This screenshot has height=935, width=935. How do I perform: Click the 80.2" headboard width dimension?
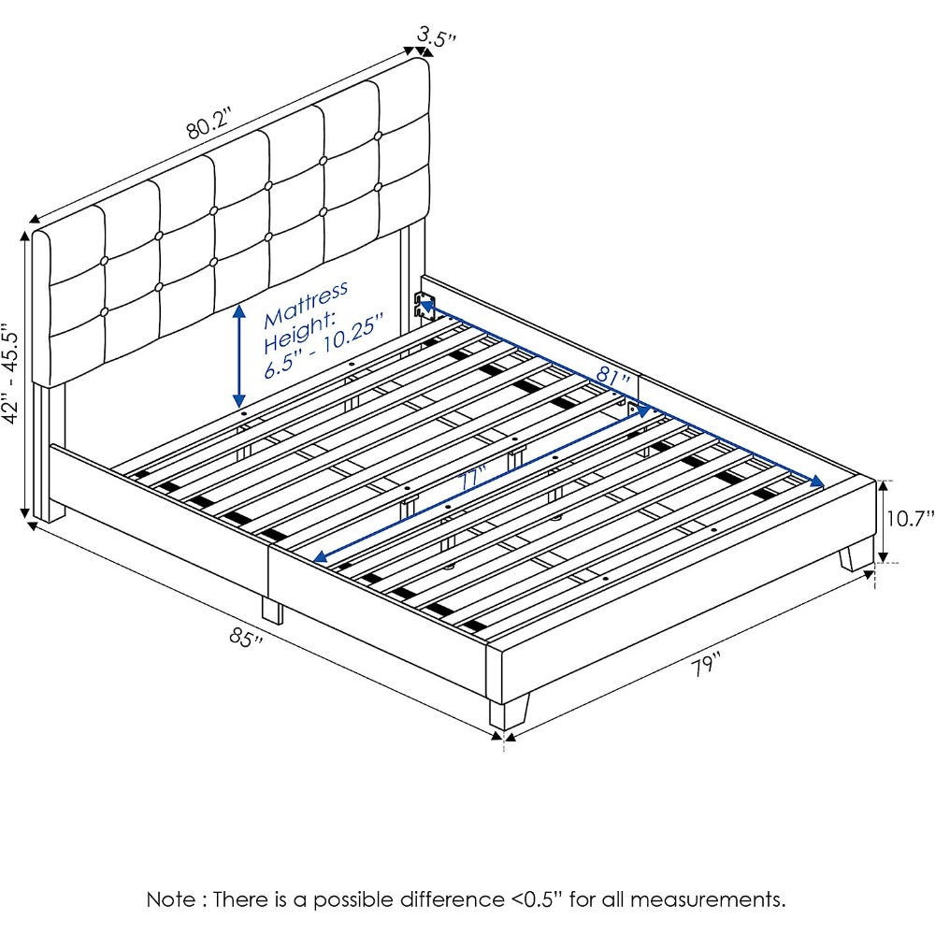[x=209, y=123]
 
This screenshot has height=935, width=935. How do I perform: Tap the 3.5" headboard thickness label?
[x=437, y=36]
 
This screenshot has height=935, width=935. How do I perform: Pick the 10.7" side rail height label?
[x=910, y=518]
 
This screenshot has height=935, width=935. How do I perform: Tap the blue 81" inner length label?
[x=613, y=375]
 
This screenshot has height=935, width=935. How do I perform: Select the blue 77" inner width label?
[x=474, y=478]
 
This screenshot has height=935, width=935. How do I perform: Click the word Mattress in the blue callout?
[x=306, y=303]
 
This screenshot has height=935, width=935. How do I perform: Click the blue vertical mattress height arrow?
[x=239, y=355]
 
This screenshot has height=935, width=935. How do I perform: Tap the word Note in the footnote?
[x=170, y=899]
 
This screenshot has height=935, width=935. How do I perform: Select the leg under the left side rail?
[x=272, y=610]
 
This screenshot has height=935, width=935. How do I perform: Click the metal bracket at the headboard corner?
[x=425, y=306]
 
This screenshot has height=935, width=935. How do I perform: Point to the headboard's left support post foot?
[x=49, y=511]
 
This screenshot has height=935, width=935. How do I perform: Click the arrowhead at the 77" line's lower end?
[x=319, y=557]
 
